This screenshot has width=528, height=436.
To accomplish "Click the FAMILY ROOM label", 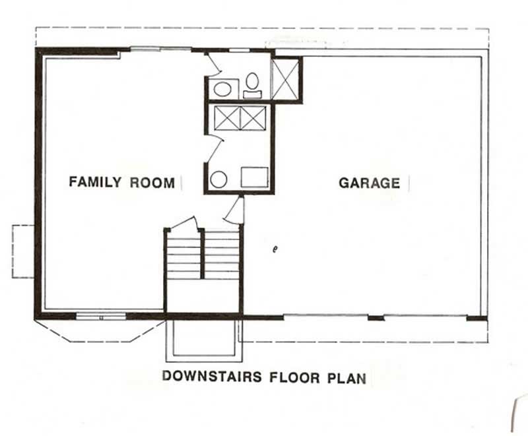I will point(122,182).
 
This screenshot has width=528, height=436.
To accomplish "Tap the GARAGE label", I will point(369,183).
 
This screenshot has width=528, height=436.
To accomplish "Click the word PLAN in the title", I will point(345,377).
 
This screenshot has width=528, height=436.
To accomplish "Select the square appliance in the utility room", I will point(254,177).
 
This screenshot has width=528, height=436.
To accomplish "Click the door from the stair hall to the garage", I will point(236,211).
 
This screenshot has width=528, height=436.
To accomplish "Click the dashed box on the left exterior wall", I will point(23,251).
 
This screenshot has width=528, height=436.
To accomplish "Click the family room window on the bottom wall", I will point(100,317).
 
